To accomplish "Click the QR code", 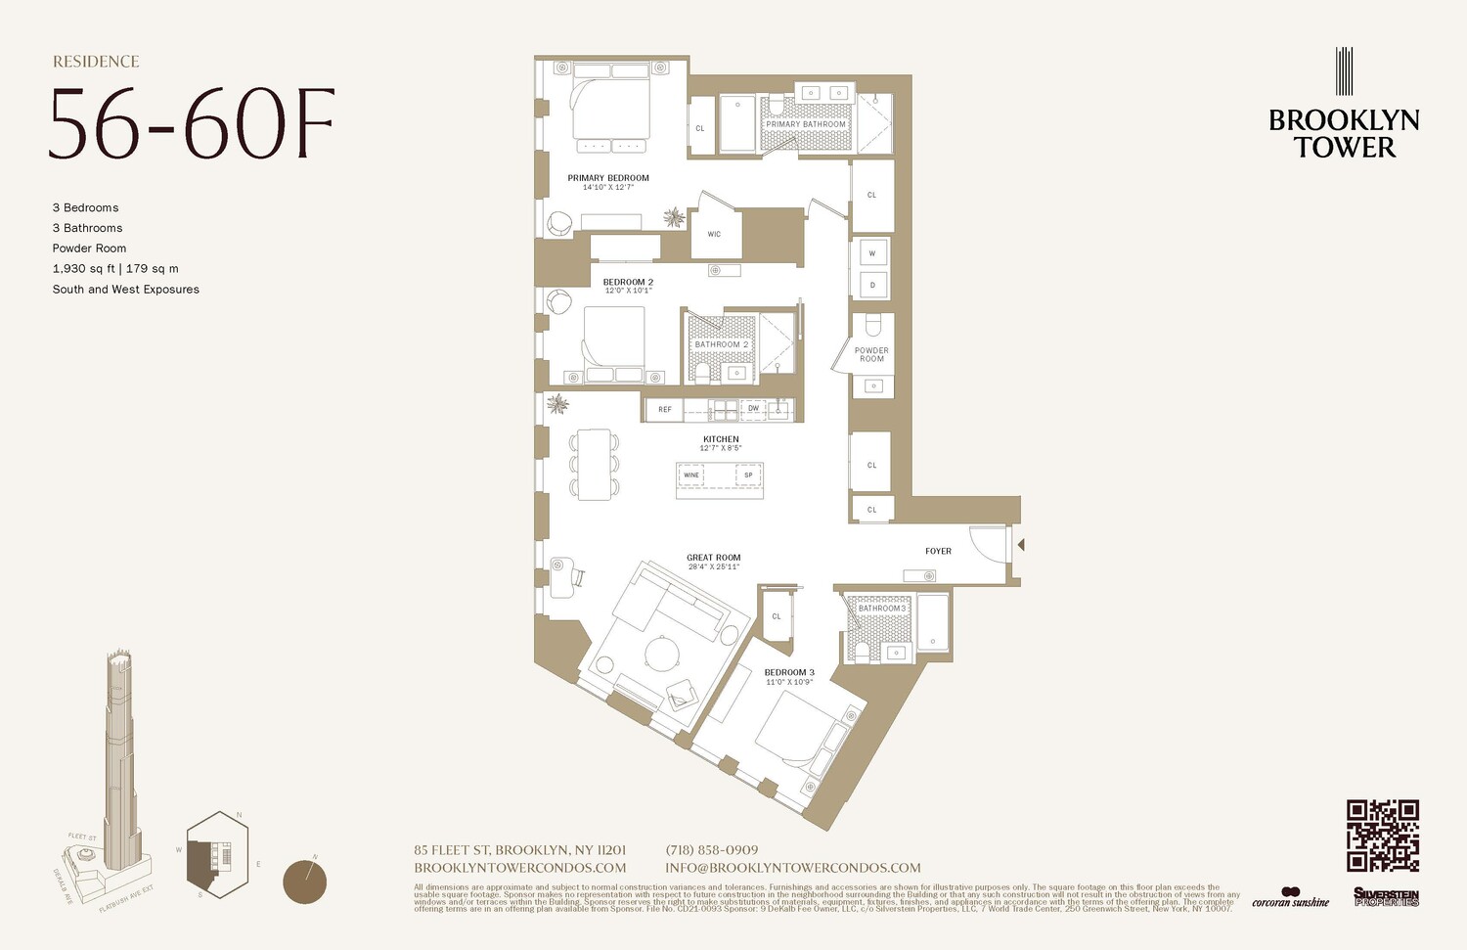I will [1382, 836].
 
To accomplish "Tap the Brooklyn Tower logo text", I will [1344, 134].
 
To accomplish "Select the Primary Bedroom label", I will [608, 178].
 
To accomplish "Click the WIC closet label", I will [714, 235].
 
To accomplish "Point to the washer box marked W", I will [871, 253].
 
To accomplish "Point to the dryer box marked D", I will [871, 286].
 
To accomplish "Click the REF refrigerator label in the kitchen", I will [665, 409].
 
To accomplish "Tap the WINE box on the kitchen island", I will [691, 475].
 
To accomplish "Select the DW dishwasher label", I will [753, 409].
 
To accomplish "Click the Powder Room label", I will [871, 354].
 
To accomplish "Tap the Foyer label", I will [938, 551].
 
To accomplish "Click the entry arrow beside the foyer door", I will [1019, 545].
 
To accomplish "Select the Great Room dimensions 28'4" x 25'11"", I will [714, 567].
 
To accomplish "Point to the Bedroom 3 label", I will [789, 672].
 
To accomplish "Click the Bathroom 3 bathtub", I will [932, 621].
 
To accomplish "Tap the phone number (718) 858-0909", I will [711, 850].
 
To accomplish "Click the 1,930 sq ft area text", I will [83, 269].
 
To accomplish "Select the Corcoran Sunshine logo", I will [1290, 897].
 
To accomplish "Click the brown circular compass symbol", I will [304, 882].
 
